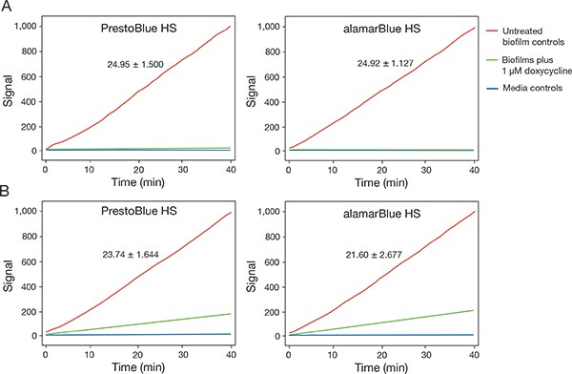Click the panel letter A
7,8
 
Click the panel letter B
7,190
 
